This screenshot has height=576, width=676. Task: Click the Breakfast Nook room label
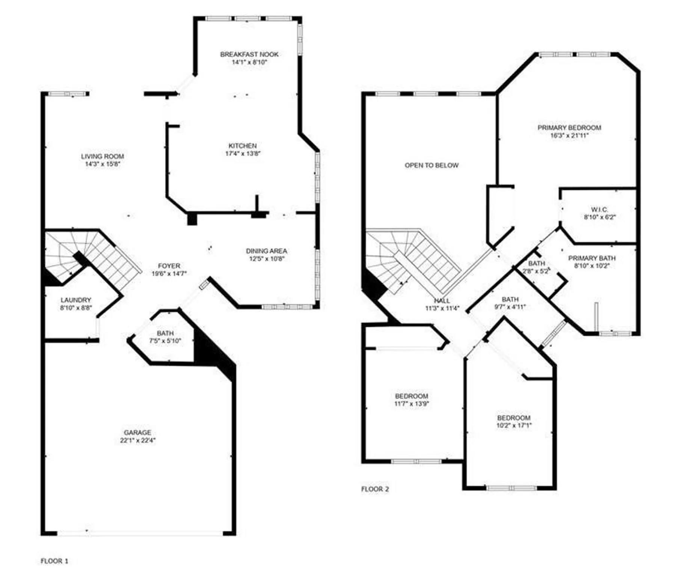[249, 54]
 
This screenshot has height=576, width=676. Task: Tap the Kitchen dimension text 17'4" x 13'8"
[243, 153]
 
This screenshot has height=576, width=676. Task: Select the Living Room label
[103, 156]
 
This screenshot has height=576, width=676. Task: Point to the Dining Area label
[267, 251]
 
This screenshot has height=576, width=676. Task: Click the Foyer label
[169, 266]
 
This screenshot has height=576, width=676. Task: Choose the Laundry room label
[76, 300]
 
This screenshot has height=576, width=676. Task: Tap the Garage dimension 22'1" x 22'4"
[138, 440]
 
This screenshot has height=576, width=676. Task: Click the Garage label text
[138, 433]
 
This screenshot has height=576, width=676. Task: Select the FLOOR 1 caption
[54, 561]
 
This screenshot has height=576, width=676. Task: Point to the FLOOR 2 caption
[375, 489]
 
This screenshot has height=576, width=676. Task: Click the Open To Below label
[432, 165]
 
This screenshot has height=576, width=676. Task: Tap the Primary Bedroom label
[569, 128]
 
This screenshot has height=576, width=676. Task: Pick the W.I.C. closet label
[599, 210]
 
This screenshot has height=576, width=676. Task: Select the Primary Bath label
[592, 258]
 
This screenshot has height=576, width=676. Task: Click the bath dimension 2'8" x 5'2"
[536, 271]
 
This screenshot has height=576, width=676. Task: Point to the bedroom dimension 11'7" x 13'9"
[412, 404]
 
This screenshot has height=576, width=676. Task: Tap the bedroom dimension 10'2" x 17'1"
[514, 425]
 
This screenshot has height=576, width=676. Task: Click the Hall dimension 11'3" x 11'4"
[442, 308]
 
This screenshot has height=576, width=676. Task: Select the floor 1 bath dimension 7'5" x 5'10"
[165, 341]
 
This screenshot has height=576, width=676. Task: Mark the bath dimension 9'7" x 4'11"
[510, 306]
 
